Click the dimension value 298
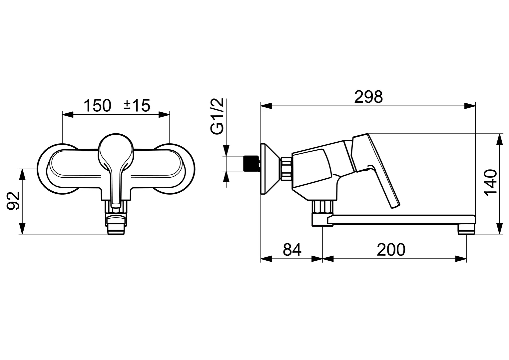coord(368,97)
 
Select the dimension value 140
coord(490,183)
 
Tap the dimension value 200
coord(391,249)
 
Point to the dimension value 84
coord(292,249)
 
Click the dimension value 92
coord(14,201)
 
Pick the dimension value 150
coord(97,106)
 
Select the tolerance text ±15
coord(137,106)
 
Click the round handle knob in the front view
coord(116,148)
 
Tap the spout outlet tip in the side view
coord(466,229)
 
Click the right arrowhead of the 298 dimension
coord(470,106)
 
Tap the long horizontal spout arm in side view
coord(400,220)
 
